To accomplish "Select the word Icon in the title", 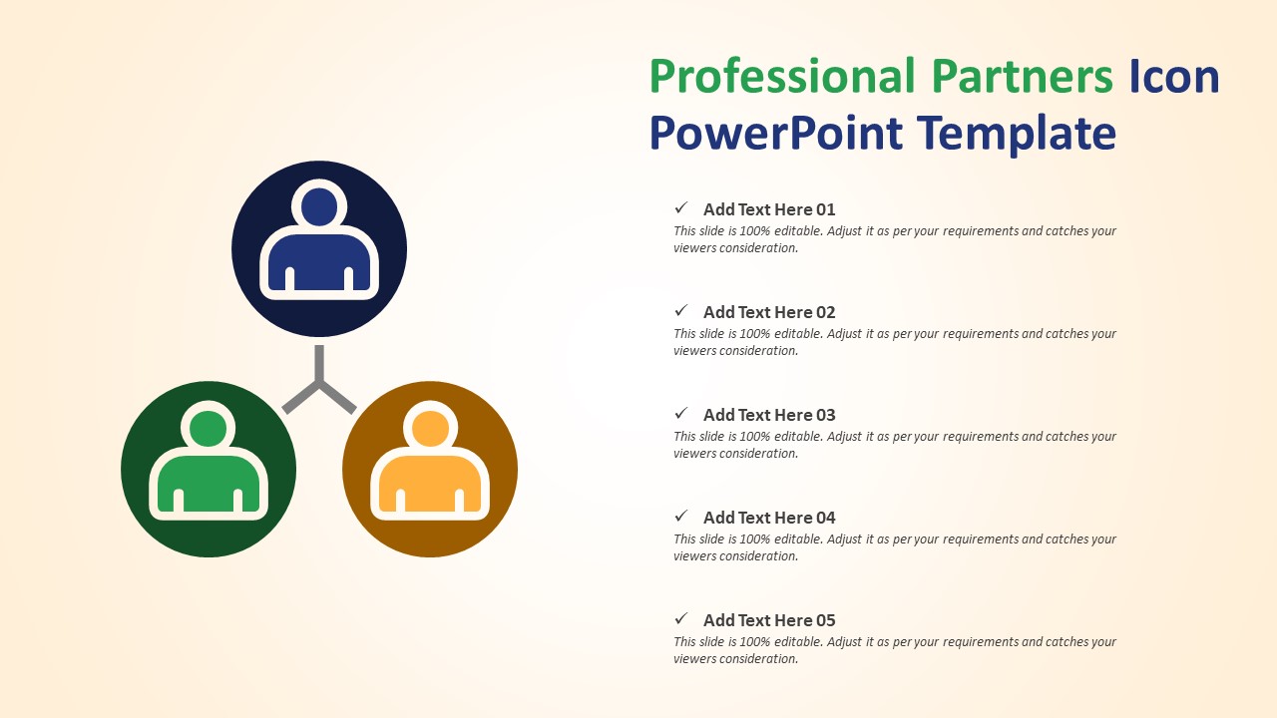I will pos(1174,78).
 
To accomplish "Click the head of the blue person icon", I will pos(319,206).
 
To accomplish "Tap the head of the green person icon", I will pos(209,428).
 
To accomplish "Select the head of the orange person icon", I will pos(430,428).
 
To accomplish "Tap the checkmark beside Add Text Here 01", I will pos(681,208).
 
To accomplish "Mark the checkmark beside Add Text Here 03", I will pos(681,414).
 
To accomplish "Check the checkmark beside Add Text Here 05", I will pos(681,619).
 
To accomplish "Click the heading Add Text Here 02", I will pos(769,312).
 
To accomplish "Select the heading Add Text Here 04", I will pos(769,518).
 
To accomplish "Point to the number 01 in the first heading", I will pos(826,209).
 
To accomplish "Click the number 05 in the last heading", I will pos(826,620).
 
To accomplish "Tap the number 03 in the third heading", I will pos(826,415).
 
